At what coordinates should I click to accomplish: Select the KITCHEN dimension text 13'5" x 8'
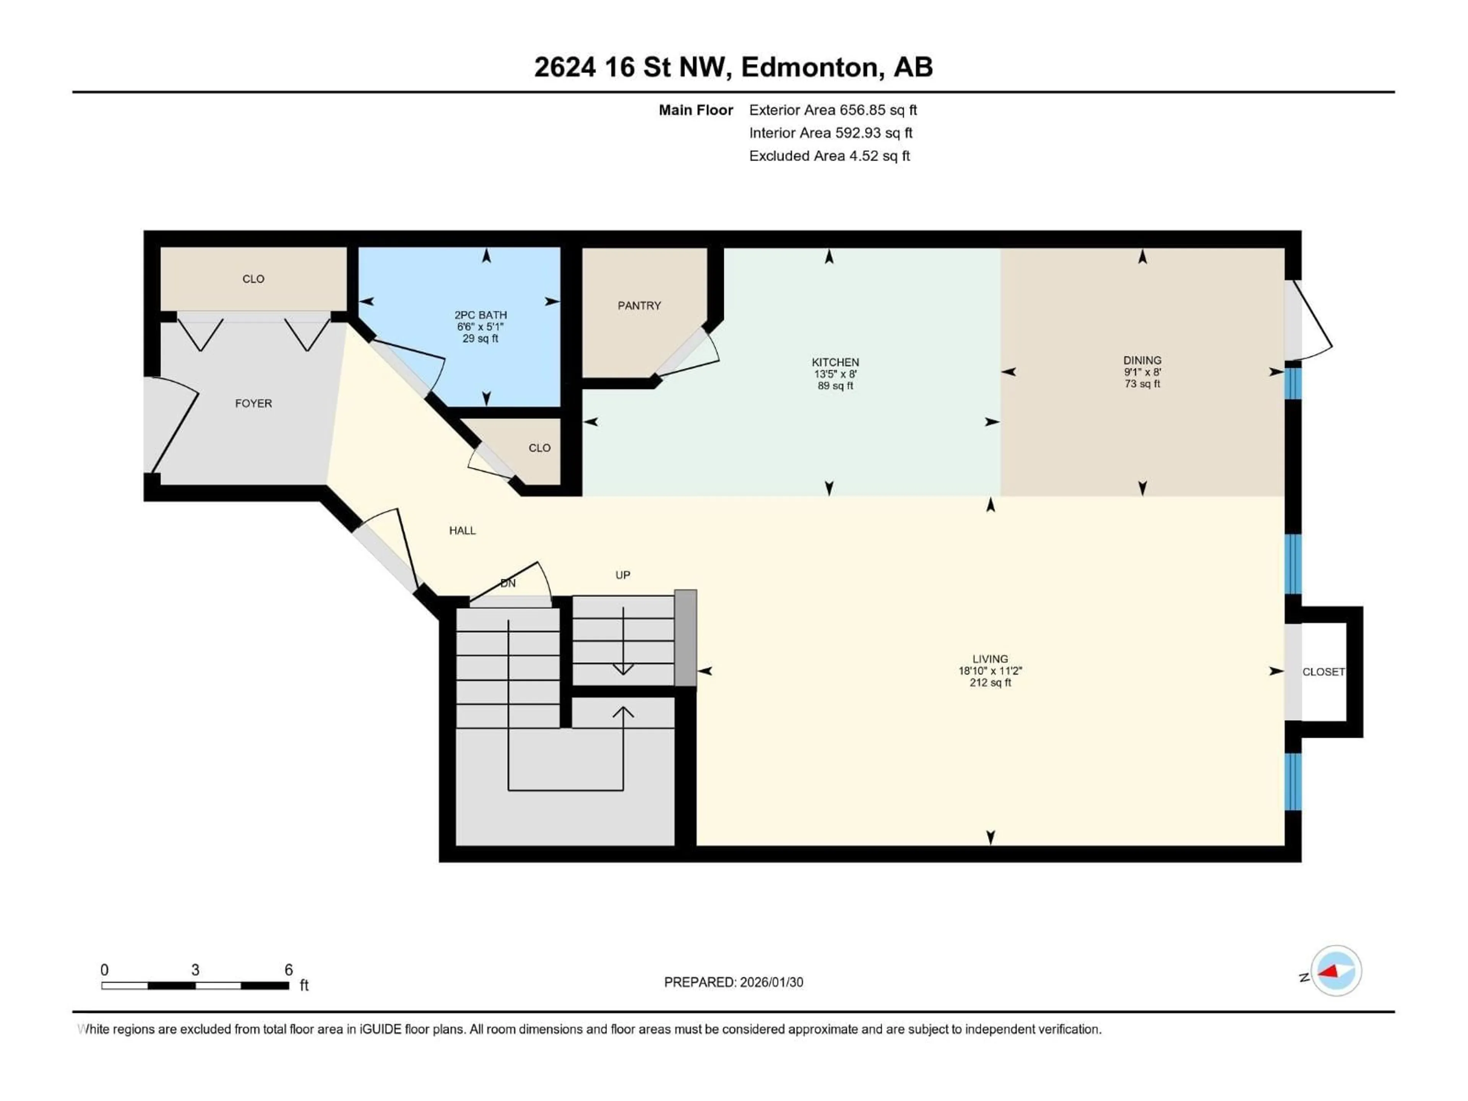click(835, 373)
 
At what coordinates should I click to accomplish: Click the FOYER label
click(253, 403)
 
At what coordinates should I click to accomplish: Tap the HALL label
click(462, 530)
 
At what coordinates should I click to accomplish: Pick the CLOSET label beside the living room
click(1323, 672)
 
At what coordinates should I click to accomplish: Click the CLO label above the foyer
click(253, 279)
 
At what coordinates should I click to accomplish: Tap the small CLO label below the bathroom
click(539, 448)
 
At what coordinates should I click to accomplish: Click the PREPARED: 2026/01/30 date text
click(733, 982)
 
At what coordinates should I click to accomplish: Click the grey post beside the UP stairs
click(685, 637)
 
